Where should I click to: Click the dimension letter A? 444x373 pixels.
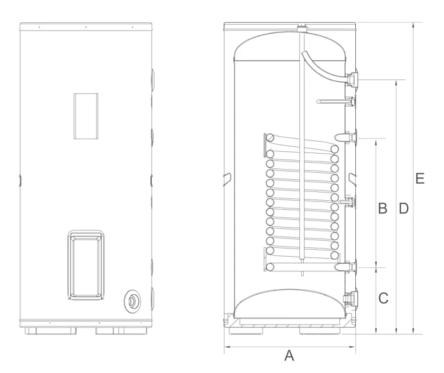[289, 355]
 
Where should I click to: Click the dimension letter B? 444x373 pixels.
[382, 208]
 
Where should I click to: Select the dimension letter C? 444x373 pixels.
[383, 298]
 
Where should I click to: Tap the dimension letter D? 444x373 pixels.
[404, 208]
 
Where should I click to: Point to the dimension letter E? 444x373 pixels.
[420, 179]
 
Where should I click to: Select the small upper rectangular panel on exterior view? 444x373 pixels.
[86, 116]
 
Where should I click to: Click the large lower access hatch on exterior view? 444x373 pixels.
[86, 265]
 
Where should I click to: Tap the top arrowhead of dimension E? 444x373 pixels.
[414, 25]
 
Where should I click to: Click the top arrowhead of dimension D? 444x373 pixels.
[396, 83]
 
